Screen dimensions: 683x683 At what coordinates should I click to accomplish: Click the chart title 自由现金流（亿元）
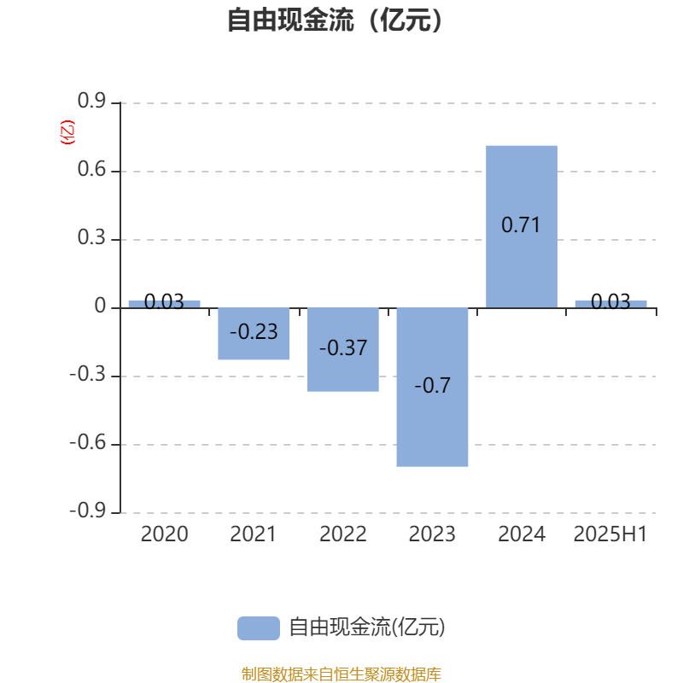click(335, 20)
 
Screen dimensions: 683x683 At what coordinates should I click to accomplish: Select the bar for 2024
click(522, 226)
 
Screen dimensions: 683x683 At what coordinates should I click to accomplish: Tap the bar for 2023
click(432, 387)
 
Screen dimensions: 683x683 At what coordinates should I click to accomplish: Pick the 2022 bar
click(343, 349)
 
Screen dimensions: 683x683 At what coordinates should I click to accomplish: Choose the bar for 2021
click(254, 333)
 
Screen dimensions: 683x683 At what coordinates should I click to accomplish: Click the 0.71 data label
click(521, 225)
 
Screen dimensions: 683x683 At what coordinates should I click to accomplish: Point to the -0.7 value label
click(432, 386)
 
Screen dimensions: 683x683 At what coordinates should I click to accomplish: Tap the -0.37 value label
click(343, 348)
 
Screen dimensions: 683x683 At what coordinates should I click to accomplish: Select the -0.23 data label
click(254, 332)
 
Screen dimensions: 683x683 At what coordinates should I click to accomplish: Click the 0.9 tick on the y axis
click(91, 101)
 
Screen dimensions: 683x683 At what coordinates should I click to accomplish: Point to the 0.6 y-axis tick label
click(91, 169)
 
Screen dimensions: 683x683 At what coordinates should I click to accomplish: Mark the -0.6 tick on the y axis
click(88, 442)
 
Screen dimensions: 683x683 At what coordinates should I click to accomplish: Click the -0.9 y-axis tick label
click(88, 511)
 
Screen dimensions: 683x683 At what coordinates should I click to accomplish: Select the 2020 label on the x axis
click(164, 534)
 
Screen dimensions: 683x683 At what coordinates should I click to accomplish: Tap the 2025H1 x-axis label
click(610, 534)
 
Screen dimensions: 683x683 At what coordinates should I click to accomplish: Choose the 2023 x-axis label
click(432, 534)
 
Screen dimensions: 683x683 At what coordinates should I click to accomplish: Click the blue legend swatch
click(259, 628)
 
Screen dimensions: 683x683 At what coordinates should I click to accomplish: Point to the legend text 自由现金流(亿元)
click(367, 628)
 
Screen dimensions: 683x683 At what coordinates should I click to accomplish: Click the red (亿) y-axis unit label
click(67, 132)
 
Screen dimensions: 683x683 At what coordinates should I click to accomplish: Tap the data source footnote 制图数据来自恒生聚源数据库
click(341, 674)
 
